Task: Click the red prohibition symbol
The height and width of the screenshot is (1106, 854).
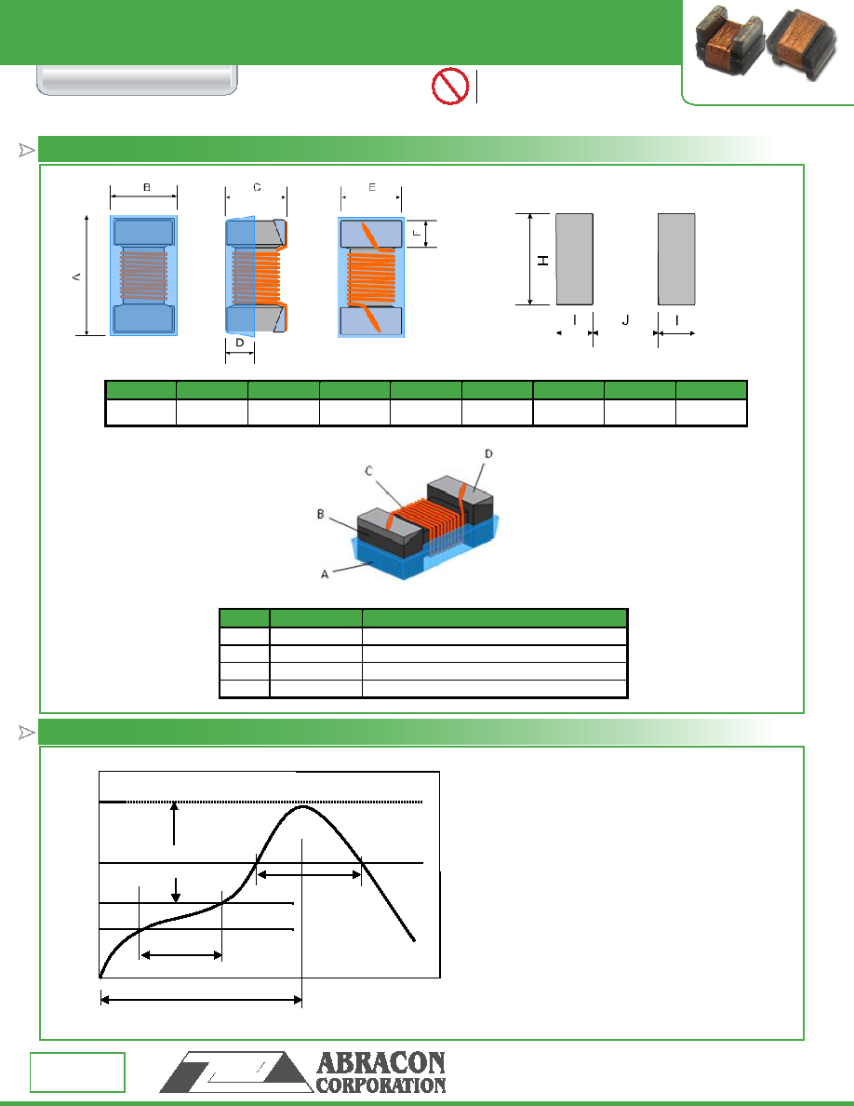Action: (450, 86)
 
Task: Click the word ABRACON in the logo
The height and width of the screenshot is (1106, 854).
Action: (380, 1063)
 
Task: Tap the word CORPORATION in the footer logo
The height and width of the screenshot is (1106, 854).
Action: (380, 1086)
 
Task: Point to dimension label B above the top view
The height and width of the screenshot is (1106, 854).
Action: (147, 188)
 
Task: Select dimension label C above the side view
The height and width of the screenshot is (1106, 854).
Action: (257, 188)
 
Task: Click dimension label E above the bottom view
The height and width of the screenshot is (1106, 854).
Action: (371, 188)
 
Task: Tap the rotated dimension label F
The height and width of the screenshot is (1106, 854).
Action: (417, 234)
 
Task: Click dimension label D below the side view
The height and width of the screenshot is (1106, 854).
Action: (240, 343)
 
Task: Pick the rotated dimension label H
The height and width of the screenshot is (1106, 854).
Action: (542, 261)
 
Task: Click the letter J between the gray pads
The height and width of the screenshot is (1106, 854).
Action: (625, 320)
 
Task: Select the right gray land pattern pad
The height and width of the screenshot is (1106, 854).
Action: (676, 260)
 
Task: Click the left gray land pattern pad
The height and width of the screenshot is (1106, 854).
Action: (574, 260)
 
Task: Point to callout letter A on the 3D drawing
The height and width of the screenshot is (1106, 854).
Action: (325, 574)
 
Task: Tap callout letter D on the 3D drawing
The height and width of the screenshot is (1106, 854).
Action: (488, 453)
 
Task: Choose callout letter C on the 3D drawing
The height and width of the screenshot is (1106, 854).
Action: (368, 470)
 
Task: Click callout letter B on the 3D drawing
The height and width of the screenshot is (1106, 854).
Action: (321, 514)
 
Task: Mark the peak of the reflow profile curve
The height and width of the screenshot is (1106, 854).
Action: (303, 806)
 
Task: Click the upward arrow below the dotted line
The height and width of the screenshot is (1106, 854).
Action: (175, 824)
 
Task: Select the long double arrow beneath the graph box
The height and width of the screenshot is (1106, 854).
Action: (202, 1000)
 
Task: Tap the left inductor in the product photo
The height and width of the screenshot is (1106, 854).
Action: (729, 41)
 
